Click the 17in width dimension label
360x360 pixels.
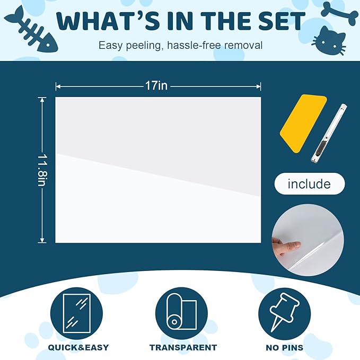(156, 85)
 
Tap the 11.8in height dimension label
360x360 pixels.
(43, 169)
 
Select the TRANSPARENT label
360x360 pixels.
(183, 348)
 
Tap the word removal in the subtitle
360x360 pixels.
(243, 45)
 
